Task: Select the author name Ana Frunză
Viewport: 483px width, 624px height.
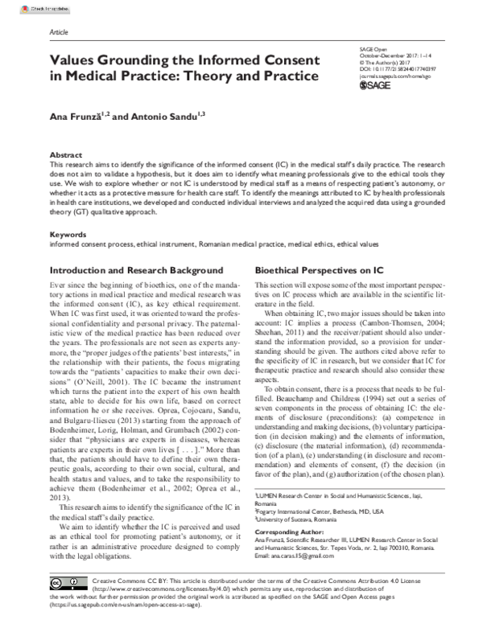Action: (75, 117)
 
